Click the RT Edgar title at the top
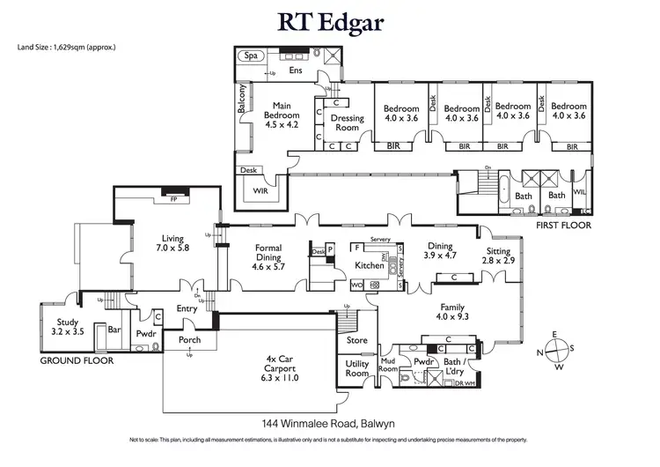[330, 21]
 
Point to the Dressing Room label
[347, 122]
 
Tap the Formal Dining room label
[268, 256]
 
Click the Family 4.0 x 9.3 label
[452, 313]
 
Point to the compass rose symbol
[555, 352]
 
